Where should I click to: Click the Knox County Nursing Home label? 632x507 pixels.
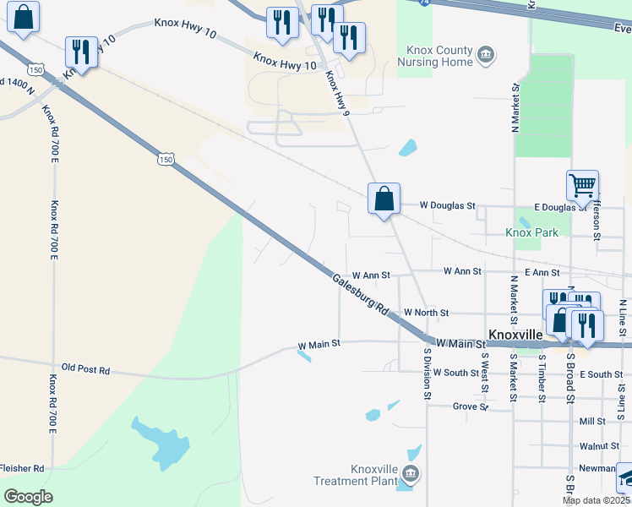pyautogui.click(x=439, y=57)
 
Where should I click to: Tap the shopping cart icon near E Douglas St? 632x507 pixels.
pyautogui.click(x=582, y=185)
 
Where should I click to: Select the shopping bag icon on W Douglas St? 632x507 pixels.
pyautogui.click(x=384, y=199)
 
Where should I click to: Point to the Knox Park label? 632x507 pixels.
pyautogui.click(x=531, y=232)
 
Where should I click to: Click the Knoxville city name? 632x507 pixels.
pyautogui.click(x=515, y=335)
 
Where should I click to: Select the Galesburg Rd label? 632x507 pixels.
pyautogui.click(x=358, y=294)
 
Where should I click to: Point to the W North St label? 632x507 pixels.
pyautogui.click(x=426, y=313)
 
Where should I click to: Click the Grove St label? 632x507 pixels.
pyautogui.click(x=471, y=406)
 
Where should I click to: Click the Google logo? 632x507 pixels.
pyautogui.click(x=28, y=497)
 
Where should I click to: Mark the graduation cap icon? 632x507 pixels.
pyautogui.click(x=626, y=478)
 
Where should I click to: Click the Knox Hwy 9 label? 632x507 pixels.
pyautogui.click(x=338, y=95)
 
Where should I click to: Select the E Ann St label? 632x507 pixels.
pyautogui.click(x=542, y=272)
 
